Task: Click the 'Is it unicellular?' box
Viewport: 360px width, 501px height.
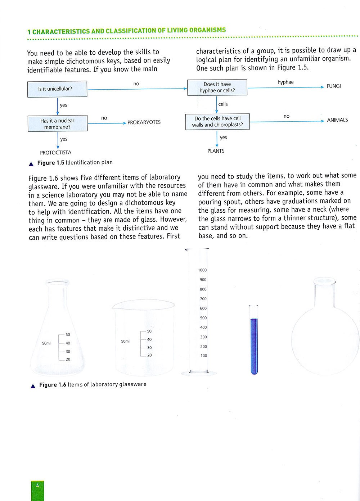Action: pos(57,89)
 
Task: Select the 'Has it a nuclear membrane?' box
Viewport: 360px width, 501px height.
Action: pos(58,124)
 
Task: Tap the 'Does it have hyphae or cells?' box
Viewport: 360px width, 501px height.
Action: pos(217,87)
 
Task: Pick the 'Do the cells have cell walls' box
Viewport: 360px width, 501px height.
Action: pos(217,122)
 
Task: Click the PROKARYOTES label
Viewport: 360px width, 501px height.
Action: pos(144,122)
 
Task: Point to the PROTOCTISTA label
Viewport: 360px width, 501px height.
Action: pos(56,153)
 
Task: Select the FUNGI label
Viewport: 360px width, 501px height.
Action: pos(333,86)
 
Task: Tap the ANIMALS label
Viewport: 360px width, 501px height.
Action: pos(337,120)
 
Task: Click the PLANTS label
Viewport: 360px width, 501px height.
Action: pos(216,151)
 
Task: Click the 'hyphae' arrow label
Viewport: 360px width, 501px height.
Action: pos(285,82)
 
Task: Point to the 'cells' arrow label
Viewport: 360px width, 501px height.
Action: pos(223,104)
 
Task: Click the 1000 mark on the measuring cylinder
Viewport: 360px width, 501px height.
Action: pos(202,270)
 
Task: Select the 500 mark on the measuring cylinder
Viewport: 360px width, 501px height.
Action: pos(203,318)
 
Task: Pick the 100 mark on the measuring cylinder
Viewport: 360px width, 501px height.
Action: pos(204,356)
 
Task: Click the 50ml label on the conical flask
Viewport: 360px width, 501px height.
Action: pos(46,343)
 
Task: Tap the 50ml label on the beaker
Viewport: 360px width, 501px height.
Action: pos(125,341)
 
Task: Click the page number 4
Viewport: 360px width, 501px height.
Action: pos(37,485)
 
